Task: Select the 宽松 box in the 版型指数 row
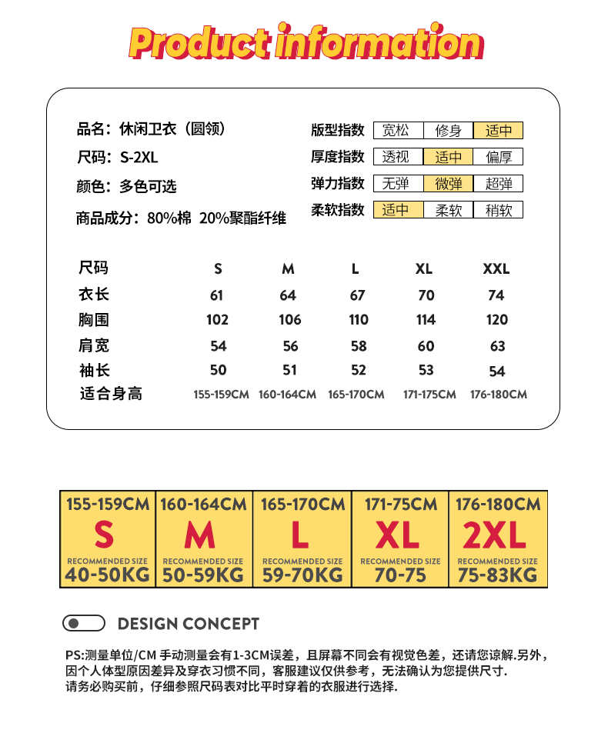(398, 131)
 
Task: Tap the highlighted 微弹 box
(448, 184)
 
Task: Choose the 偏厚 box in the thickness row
(498, 158)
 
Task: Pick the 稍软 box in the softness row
(498, 210)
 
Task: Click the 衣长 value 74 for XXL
(496, 295)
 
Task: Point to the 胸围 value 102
(218, 320)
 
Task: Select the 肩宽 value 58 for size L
(359, 346)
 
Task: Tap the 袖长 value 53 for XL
(426, 371)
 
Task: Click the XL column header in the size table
(424, 269)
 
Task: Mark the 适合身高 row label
(111, 394)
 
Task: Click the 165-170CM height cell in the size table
(356, 395)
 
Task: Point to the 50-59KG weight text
(202, 575)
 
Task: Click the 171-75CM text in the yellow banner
(400, 505)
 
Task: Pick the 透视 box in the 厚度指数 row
(398, 158)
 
